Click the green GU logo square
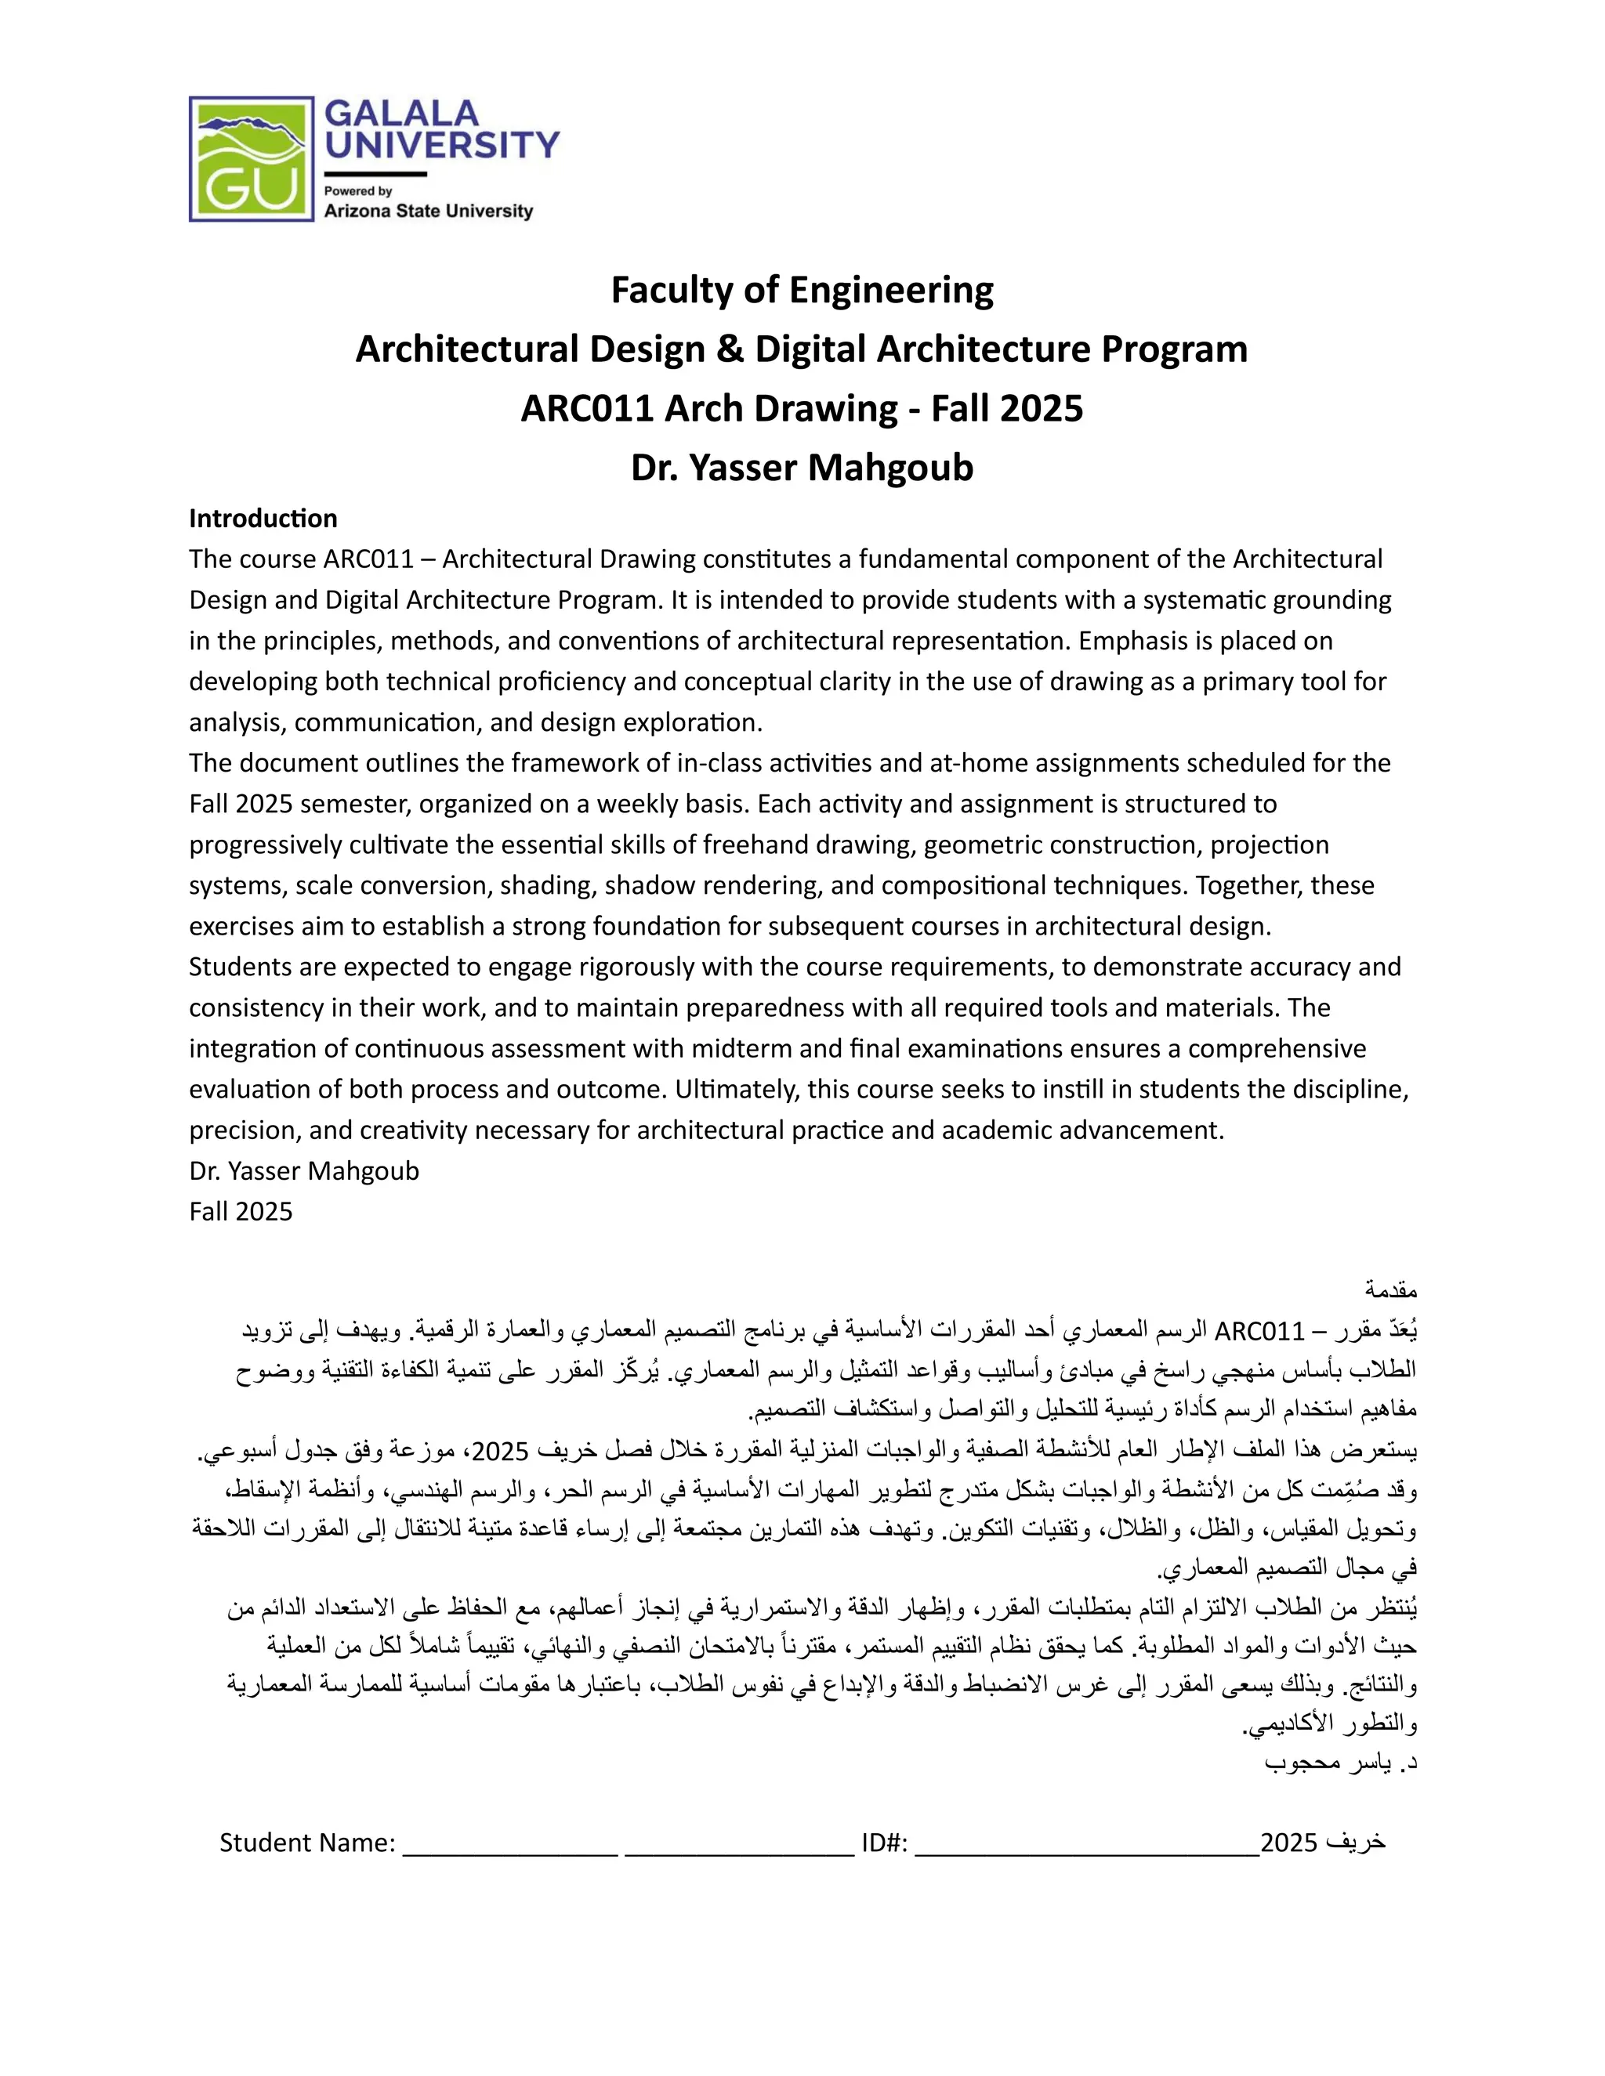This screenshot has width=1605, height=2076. coord(251,159)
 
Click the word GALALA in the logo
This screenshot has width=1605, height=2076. coord(401,114)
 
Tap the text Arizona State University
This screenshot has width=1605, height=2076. coord(428,211)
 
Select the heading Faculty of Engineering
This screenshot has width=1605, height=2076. coord(802,290)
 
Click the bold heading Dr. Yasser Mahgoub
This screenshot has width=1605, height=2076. coord(802,468)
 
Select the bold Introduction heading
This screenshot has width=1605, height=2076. coord(263,518)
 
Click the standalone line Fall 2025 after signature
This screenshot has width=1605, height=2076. coord(241,1212)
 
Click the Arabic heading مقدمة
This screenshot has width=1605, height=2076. coord(1391,1290)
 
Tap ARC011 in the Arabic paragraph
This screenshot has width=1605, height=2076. coord(1260,1331)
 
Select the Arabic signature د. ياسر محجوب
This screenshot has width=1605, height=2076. coord(1341,1763)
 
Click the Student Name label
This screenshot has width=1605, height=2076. coord(307,1843)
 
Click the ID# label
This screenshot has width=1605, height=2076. coord(884,1843)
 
